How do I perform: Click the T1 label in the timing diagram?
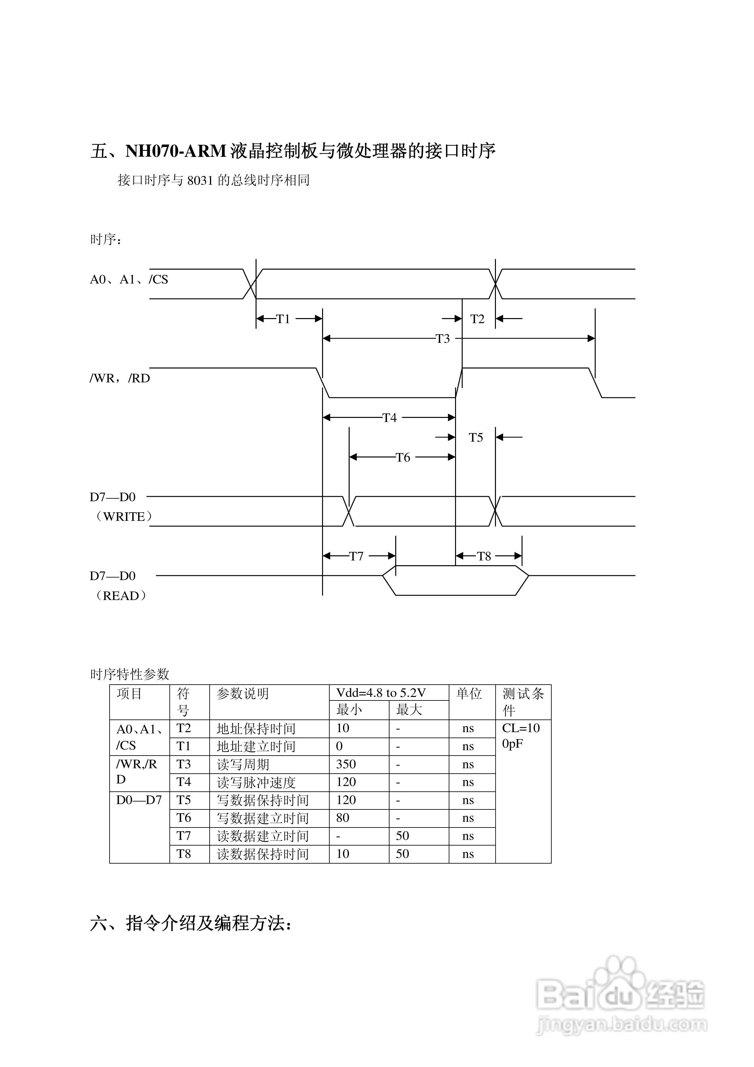tap(283, 319)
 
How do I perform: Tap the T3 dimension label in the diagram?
tap(442, 339)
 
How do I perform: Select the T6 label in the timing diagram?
tap(403, 458)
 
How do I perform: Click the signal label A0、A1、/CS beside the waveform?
tap(129, 279)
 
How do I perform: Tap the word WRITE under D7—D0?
tap(124, 517)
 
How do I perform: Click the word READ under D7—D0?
tap(121, 596)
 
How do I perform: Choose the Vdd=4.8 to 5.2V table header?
tap(381, 693)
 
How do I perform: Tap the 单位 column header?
tap(469, 694)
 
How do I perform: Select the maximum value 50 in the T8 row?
tap(402, 854)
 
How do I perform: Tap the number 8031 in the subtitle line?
tap(200, 180)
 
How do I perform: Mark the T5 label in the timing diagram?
tap(476, 438)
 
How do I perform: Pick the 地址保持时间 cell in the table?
tap(256, 729)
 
